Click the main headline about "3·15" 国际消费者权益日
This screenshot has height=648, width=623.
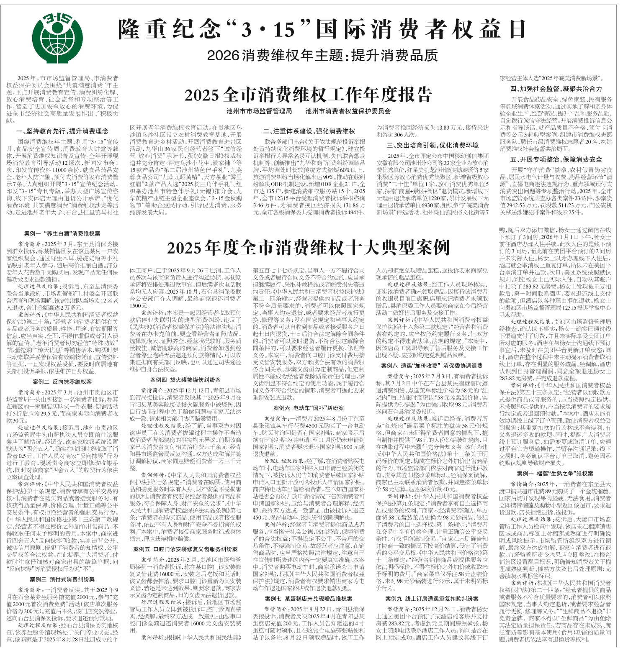tap(322, 29)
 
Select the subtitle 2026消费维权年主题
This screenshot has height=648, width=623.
tap(322, 55)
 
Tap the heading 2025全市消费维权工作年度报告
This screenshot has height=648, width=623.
tap(308, 95)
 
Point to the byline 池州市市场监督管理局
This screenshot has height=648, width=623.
tap(259, 111)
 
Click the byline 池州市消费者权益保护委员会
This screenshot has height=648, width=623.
tap(348, 111)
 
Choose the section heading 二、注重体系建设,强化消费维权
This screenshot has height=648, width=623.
tap(309, 131)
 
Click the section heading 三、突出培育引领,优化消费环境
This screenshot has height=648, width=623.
tap(432, 145)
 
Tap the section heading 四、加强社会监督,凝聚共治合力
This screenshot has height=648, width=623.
tap(556, 89)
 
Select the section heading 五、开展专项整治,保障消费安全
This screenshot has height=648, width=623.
tap(556, 159)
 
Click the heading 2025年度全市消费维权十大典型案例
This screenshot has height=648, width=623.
tap(308, 248)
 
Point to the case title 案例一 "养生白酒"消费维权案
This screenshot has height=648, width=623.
tap(62, 233)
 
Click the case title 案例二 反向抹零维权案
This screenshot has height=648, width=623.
tap(62, 382)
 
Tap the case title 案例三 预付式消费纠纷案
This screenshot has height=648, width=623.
tap(62, 579)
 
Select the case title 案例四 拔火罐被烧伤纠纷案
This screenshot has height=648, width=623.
tap(185, 380)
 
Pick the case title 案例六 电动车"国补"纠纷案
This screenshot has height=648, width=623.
tap(309, 408)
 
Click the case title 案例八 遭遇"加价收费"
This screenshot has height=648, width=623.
tap(432, 366)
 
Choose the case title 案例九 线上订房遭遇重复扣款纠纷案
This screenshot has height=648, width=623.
tap(432, 599)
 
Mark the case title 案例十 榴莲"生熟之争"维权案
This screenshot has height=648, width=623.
tap(555, 474)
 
